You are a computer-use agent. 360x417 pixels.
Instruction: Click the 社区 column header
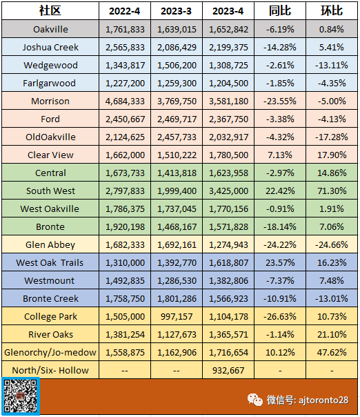coord(50,10)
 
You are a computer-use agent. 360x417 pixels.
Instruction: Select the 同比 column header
coord(280,10)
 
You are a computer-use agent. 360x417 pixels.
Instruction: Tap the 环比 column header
coord(332,10)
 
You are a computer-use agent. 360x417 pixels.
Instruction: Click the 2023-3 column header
coord(176,11)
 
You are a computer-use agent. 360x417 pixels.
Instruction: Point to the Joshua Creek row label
coord(50,47)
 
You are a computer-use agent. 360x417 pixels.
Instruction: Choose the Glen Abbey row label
coord(50,244)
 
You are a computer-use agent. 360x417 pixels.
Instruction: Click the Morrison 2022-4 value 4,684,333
coord(125,101)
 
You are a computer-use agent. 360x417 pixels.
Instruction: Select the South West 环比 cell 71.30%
coord(332,191)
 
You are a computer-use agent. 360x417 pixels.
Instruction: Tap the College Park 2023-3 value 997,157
coord(177,316)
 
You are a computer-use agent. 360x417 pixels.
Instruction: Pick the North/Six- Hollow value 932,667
coord(228,370)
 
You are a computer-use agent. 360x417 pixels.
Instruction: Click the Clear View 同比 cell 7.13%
coord(280,155)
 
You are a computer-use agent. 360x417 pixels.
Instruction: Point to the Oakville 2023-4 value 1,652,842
coord(228,29)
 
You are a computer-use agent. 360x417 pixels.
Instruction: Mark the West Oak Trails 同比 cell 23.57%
coord(280,262)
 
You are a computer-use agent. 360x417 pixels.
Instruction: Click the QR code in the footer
coord(21,396)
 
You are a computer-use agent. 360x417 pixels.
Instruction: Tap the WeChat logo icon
coord(255,400)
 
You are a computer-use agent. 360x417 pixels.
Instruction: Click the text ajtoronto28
coord(323,400)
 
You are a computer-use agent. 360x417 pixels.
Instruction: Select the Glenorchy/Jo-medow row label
coord(50,352)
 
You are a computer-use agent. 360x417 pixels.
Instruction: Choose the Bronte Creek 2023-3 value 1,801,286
coord(177,298)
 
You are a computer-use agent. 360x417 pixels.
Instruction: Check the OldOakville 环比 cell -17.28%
coord(332,137)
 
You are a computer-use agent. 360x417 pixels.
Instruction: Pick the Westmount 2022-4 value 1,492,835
coord(125,280)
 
